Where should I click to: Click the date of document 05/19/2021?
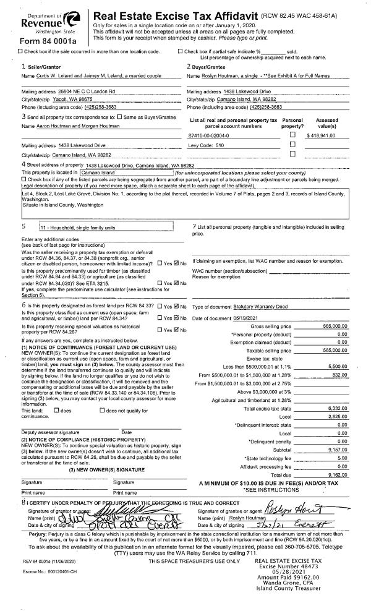coord(255,318)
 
